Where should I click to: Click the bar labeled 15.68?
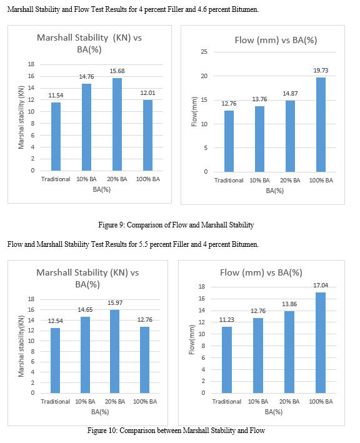click(117, 124)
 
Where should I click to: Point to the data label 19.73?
click(321, 71)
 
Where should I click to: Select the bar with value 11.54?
click(56, 136)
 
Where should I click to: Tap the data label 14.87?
click(290, 94)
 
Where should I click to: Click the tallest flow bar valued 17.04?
click(321, 342)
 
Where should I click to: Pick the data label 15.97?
click(115, 303)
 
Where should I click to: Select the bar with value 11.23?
click(227, 360)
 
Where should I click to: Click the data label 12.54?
click(56, 321)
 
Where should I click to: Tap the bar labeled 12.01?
click(147, 136)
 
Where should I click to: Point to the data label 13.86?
click(289, 304)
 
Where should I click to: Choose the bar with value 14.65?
click(86, 355)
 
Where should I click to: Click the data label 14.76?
click(86, 77)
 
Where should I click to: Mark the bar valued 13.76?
click(259, 139)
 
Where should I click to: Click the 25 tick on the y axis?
click(204, 52)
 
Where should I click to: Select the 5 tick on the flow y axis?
click(206, 147)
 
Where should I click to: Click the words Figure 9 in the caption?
click(111, 225)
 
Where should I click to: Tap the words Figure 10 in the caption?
click(102, 431)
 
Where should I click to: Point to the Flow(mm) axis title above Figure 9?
click(194, 112)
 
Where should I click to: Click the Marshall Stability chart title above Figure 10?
click(87, 278)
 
